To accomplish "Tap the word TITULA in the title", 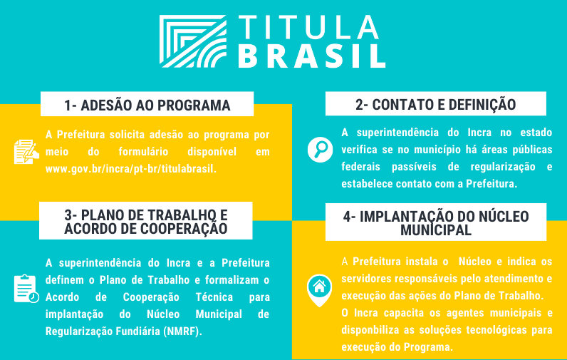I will tap(308, 27).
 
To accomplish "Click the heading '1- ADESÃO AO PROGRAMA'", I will tap(147, 106).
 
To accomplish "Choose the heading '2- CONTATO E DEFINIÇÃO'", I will tap(435, 105).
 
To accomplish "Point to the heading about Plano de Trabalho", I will tap(146, 222).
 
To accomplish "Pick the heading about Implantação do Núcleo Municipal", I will tap(435, 222).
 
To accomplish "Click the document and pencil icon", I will tap(26, 151).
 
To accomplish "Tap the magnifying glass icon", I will tap(320, 150).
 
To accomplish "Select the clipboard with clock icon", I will tap(26, 288).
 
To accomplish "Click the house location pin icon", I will tap(320, 288).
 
